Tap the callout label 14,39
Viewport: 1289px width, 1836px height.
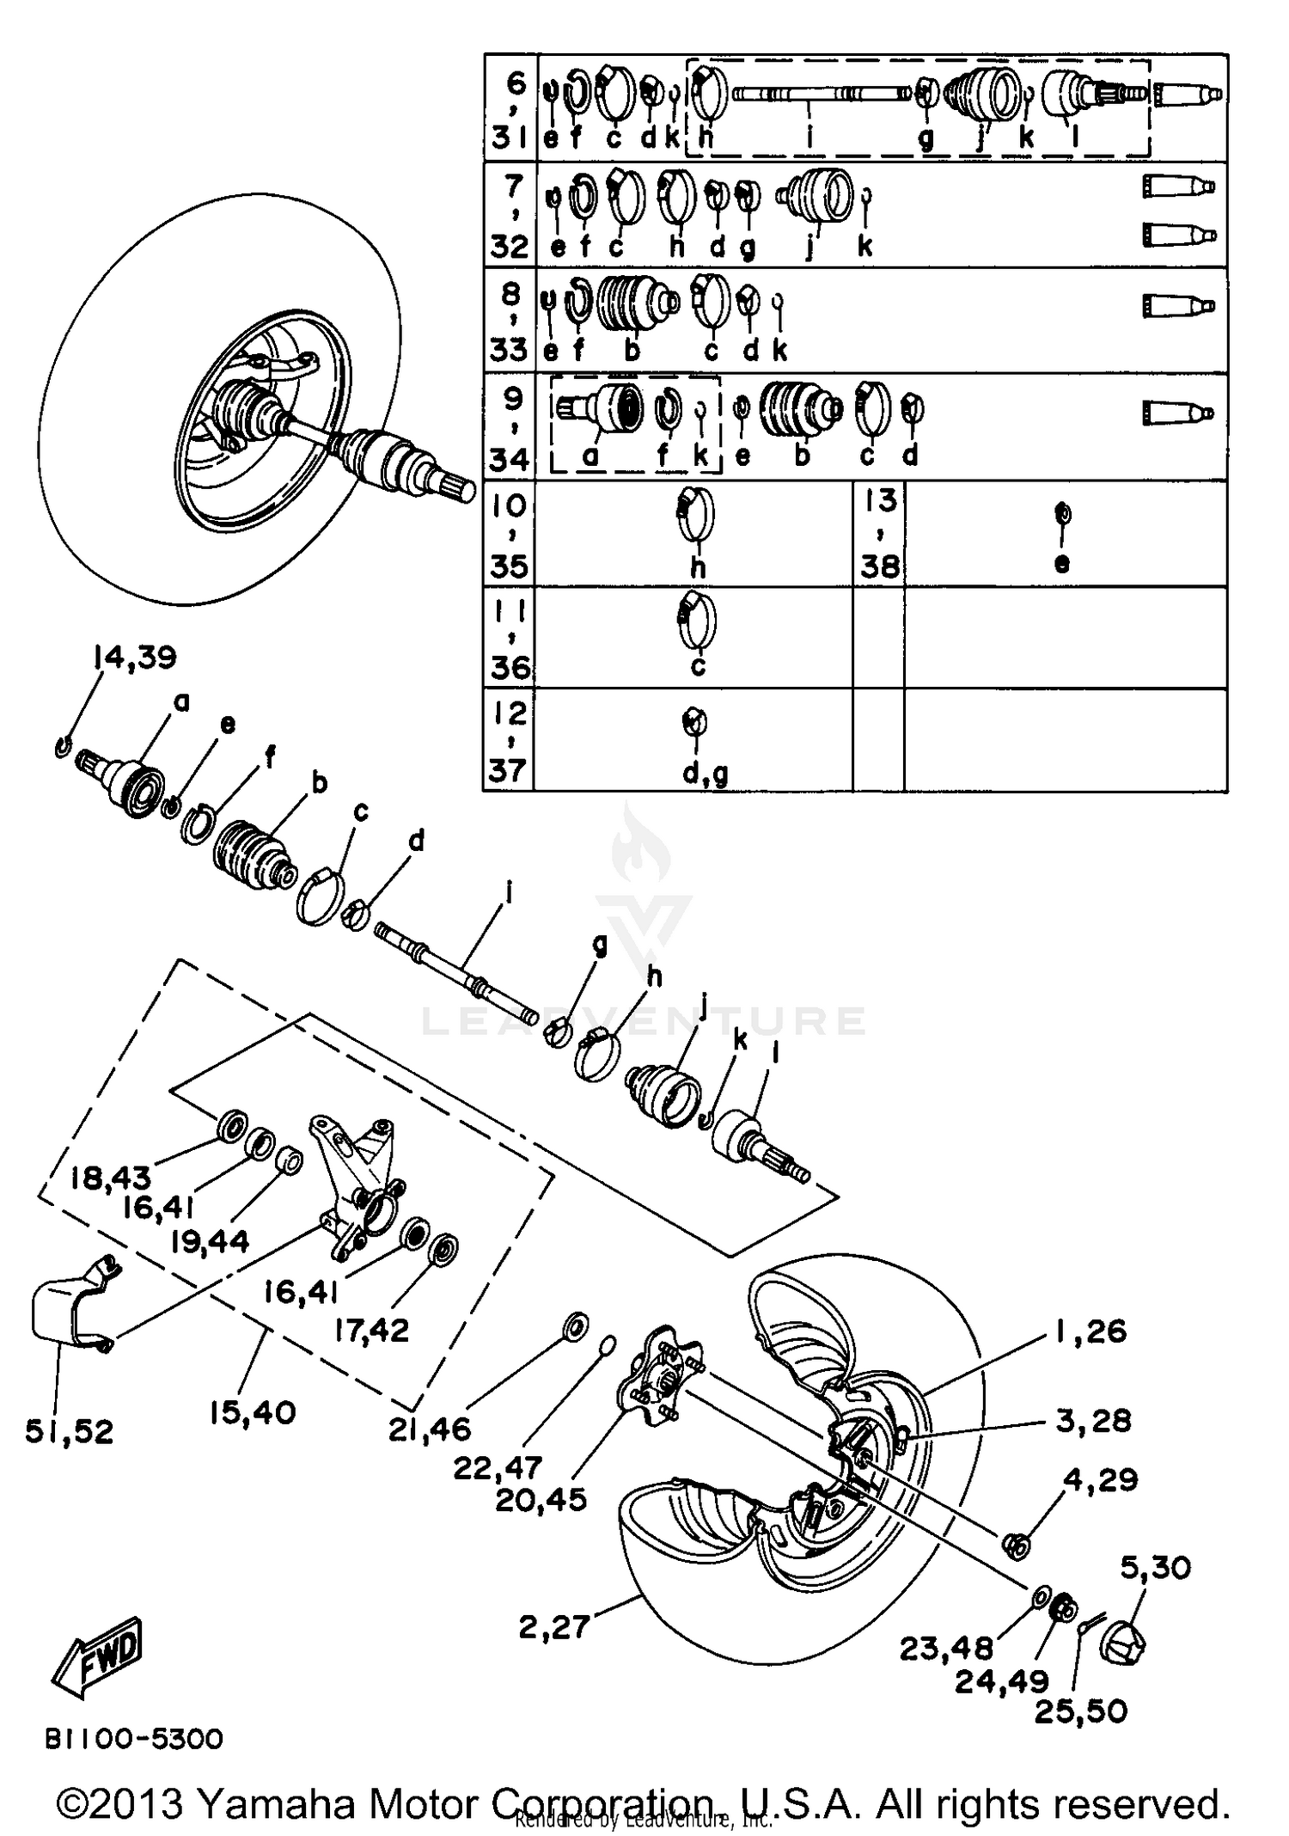(134, 658)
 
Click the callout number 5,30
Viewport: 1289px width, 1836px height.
(1155, 1567)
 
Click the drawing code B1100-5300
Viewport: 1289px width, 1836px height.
(134, 1739)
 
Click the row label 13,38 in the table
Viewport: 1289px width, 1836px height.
(880, 534)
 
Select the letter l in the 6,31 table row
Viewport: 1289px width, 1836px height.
(1076, 135)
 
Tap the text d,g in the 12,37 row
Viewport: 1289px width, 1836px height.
(705, 774)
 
